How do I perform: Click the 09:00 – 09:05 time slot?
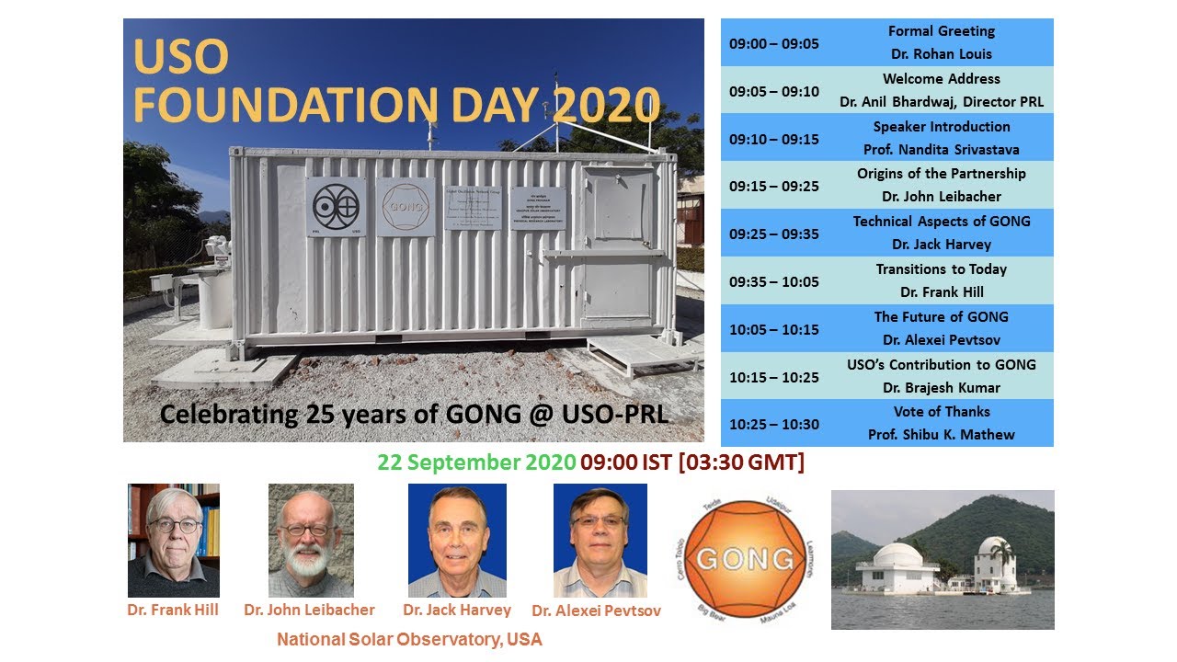(x=773, y=43)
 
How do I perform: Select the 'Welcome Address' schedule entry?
(x=941, y=79)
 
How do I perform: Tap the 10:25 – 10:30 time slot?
(x=773, y=424)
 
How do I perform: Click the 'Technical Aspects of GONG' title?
(x=941, y=222)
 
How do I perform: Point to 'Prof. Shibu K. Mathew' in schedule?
(x=941, y=434)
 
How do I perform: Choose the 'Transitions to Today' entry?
(x=941, y=269)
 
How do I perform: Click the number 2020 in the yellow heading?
(x=607, y=106)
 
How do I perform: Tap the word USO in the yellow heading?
(x=181, y=57)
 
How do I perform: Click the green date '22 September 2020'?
(x=476, y=462)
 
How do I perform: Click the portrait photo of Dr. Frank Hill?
(x=174, y=541)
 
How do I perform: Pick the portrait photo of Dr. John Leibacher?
(x=311, y=541)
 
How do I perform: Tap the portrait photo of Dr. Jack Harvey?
(x=457, y=541)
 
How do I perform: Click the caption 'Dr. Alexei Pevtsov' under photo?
(x=596, y=611)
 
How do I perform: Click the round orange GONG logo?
(x=745, y=558)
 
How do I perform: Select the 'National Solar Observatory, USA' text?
(x=409, y=639)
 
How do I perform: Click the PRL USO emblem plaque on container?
(x=336, y=207)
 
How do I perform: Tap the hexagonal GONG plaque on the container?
(x=406, y=207)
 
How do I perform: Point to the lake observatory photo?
(x=943, y=559)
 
